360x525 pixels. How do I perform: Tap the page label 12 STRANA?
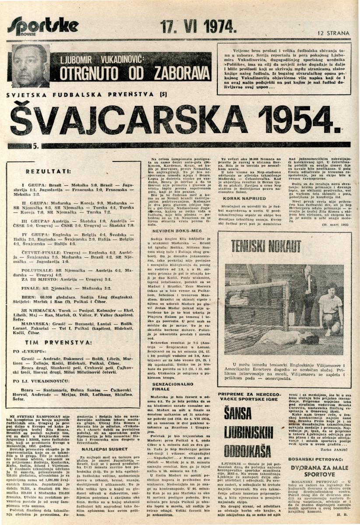click(x=334, y=32)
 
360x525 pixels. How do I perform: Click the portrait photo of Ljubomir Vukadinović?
click(x=31, y=65)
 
